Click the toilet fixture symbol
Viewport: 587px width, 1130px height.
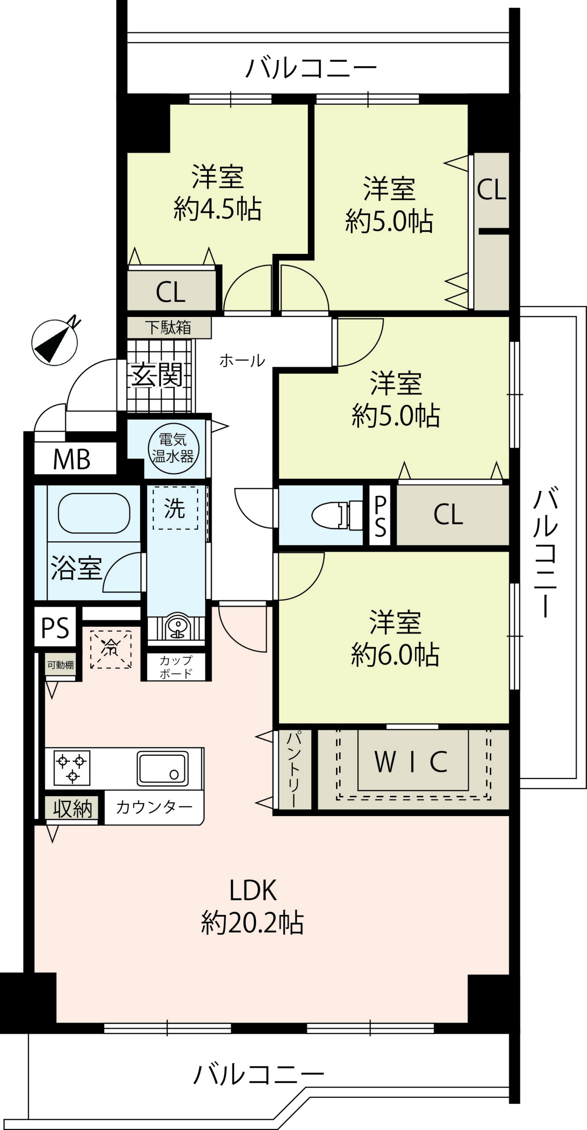(337, 515)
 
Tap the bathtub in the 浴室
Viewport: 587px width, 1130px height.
(94, 513)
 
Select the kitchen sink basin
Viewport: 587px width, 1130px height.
(163, 768)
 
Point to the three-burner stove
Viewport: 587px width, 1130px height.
(72, 768)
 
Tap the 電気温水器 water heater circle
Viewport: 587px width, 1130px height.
(173, 448)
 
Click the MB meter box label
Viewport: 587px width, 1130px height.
(72, 459)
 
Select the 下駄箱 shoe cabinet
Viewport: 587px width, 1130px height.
(169, 328)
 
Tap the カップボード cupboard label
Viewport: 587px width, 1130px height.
(176, 667)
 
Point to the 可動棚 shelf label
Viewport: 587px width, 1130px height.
(61, 665)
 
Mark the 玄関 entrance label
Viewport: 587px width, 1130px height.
(156, 375)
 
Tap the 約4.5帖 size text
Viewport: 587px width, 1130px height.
(217, 208)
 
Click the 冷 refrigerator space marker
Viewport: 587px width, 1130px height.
(110, 649)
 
